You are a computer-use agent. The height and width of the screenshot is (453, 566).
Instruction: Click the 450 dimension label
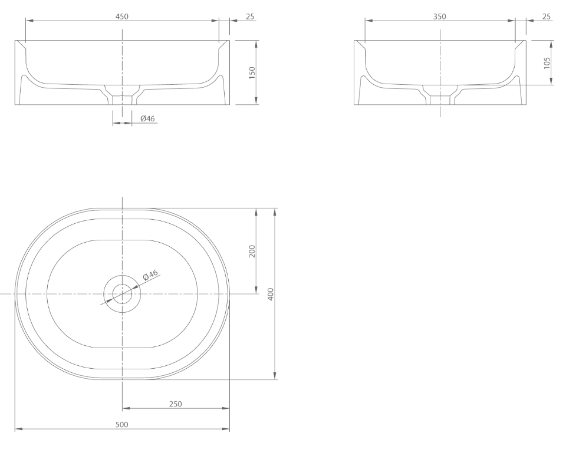click(x=122, y=16)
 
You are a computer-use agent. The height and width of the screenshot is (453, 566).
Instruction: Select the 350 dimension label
click(x=440, y=16)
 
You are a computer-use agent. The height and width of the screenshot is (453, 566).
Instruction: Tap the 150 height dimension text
click(x=252, y=72)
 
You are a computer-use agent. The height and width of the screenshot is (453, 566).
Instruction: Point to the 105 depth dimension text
click(x=547, y=62)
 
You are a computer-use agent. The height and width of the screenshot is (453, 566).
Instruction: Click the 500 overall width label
click(x=122, y=425)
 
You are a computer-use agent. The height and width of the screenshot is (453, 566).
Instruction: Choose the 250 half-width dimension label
click(x=176, y=404)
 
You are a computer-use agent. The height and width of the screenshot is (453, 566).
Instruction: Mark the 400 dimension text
click(x=271, y=294)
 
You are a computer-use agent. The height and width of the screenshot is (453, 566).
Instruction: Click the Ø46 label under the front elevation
click(x=147, y=119)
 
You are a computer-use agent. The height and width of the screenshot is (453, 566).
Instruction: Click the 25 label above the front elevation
click(x=250, y=16)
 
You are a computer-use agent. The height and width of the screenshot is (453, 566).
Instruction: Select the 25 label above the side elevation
click(x=547, y=16)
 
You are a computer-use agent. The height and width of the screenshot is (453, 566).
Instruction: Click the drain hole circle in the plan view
click(x=122, y=293)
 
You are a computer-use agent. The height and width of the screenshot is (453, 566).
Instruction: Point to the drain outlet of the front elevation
click(x=122, y=98)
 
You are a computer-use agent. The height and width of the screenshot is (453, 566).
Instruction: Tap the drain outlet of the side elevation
click(x=440, y=99)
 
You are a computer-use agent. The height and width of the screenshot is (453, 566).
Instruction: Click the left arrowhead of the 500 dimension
click(x=18, y=429)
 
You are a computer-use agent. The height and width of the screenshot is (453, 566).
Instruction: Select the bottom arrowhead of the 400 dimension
click(x=276, y=376)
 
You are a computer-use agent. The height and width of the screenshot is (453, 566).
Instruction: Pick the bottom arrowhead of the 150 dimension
click(x=256, y=101)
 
